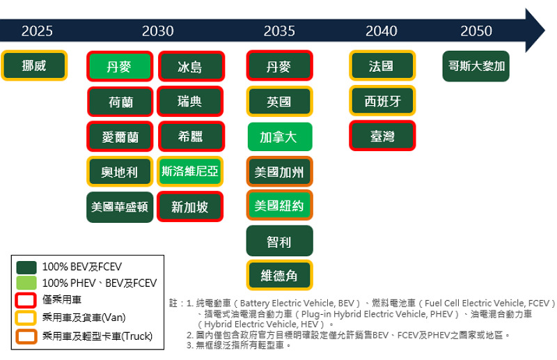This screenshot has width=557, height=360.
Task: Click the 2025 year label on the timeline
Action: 37,31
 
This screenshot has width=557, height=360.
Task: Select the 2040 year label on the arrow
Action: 381,31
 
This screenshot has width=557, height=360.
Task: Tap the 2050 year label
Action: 476,31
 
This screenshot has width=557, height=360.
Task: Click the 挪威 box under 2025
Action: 34,65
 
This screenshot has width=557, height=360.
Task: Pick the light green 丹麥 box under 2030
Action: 120,66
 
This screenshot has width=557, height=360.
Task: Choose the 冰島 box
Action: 190,66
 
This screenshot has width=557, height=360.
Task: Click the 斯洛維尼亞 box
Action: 190,171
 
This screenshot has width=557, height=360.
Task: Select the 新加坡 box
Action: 190,207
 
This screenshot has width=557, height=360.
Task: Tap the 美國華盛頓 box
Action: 120,208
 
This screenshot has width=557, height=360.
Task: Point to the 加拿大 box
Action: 280,136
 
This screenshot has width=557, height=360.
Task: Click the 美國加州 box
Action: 280,172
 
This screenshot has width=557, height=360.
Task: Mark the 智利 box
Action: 280,241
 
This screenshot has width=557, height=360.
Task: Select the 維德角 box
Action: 280,275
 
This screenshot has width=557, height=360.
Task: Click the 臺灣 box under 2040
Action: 382,136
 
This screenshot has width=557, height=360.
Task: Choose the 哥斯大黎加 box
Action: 476,66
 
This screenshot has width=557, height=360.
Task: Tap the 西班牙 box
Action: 382,101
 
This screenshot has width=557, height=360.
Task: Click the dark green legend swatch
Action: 26,267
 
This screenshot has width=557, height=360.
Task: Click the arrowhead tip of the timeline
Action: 544,31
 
